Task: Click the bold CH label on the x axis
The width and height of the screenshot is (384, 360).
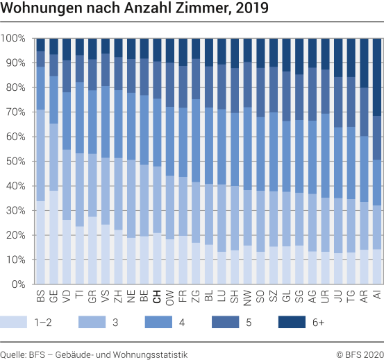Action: point(157,297)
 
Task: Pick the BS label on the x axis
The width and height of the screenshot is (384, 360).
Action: point(40,297)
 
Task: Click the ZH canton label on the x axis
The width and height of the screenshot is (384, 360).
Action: point(118,297)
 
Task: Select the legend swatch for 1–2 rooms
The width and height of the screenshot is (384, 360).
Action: point(17,322)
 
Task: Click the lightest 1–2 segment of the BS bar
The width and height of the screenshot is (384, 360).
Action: point(40,243)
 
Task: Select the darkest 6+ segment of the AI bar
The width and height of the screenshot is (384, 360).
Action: point(377,76)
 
